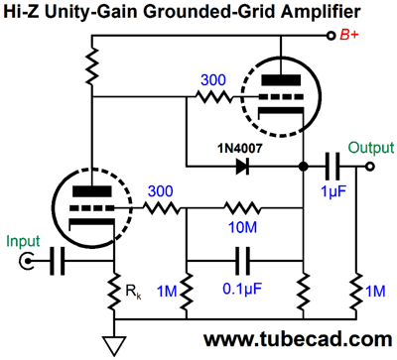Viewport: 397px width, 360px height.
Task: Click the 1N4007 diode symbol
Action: click(241, 166)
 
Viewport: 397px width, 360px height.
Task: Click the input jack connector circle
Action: click(25, 261)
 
